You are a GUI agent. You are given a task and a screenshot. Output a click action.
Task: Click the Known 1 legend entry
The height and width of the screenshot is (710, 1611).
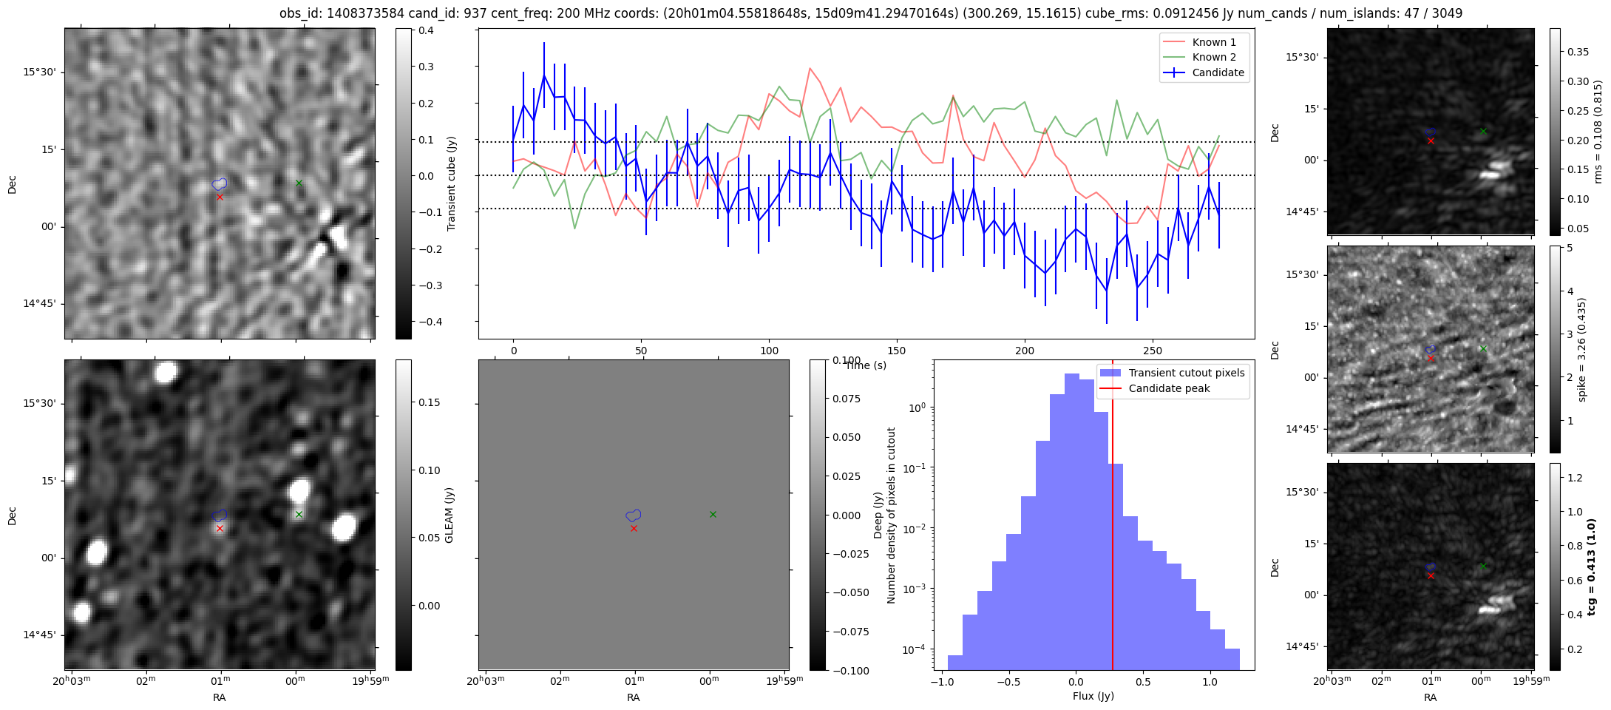(x=1213, y=42)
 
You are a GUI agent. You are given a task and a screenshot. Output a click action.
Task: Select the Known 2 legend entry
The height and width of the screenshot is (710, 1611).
(x=1213, y=57)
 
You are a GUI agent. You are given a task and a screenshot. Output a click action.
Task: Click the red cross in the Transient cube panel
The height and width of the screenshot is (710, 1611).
(x=220, y=197)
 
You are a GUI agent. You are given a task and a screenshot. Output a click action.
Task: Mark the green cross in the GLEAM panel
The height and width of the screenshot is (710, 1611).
(x=299, y=514)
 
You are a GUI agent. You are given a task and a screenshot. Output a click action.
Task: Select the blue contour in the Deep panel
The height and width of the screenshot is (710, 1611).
(x=634, y=515)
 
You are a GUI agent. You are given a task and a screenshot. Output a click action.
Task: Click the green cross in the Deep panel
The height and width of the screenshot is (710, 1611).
(x=713, y=514)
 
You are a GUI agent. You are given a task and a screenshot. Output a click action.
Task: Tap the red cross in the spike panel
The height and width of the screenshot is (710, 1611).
(x=1431, y=358)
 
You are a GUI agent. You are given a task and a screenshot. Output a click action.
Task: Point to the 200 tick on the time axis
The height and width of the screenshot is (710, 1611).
(x=1025, y=351)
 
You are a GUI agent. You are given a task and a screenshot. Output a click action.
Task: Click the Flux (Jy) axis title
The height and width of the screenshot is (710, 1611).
(x=1093, y=696)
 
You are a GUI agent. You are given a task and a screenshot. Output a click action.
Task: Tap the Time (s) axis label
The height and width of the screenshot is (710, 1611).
(x=866, y=365)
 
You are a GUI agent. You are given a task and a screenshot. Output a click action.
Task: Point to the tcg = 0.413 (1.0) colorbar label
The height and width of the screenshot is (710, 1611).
(x=1592, y=567)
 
